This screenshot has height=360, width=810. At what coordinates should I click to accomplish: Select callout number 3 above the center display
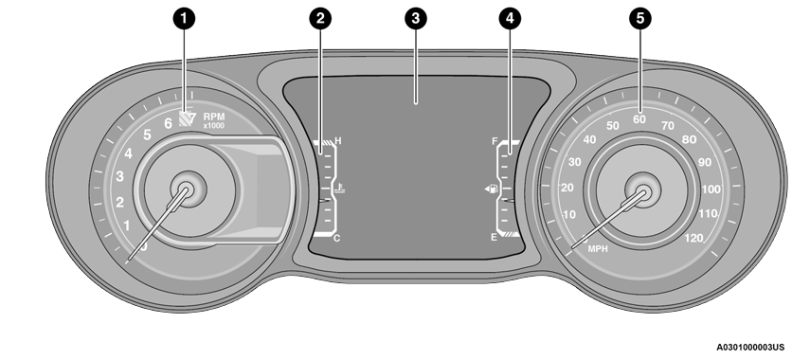coord(414,18)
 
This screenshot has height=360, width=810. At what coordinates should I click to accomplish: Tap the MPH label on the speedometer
coord(598,249)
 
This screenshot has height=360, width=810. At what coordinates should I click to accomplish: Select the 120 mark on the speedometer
coord(693,238)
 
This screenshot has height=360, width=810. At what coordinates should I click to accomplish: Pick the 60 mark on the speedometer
coord(639,119)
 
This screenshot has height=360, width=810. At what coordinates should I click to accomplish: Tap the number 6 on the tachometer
coord(169,122)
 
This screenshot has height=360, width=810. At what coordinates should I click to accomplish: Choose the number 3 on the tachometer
coord(120,176)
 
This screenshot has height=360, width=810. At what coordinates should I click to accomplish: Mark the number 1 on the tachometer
coord(126,225)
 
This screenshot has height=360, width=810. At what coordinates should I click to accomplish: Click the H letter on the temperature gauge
coord(337,142)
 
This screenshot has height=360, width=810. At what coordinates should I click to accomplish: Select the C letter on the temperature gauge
coord(336,238)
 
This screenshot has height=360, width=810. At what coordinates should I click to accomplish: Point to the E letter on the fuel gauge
coord(494,238)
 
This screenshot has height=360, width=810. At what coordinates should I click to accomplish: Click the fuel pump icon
coord(490,190)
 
